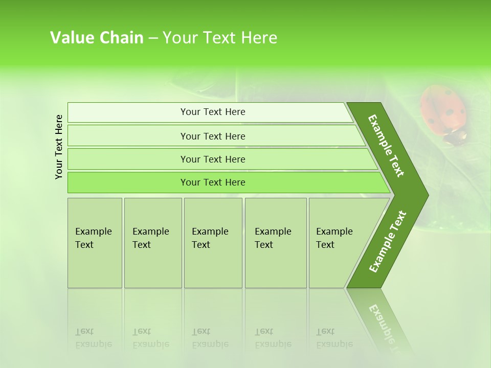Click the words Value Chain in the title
click(97, 38)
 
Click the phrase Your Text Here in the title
click(220, 38)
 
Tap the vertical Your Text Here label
click(59, 147)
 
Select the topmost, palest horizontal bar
click(210, 112)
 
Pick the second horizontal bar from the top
click(215, 136)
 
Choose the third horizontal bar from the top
click(220, 159)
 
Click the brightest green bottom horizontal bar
click(225, 182)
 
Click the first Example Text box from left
click(95, 243)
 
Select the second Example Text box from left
click(152, 243)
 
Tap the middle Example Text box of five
click(213, 243)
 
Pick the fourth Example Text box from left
click(275, 243)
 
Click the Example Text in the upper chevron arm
click(386, 146)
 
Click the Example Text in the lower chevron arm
click(387, 241)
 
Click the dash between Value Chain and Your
click(153, 38)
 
